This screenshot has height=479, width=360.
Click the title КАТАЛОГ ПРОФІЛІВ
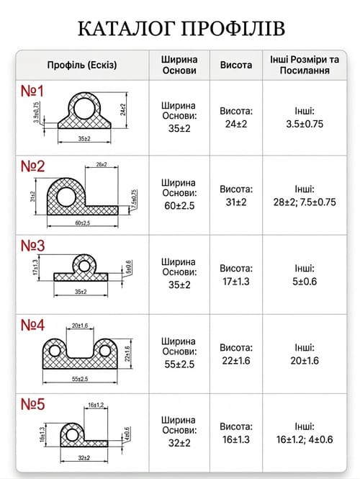(x=181, y=29)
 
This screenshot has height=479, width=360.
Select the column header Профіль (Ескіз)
(x=82, y=65)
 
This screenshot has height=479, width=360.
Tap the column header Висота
(x=236, y=65)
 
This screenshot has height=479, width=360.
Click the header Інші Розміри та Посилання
(x=305, y=65)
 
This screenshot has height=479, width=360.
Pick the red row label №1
(x=32, y=91)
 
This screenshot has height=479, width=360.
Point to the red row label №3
(x=32, y=246)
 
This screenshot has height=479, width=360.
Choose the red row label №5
(x=32, y=404)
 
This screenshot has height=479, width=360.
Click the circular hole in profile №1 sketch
(x=84, y=109)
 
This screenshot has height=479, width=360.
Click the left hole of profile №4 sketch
(x=55, y=351)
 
